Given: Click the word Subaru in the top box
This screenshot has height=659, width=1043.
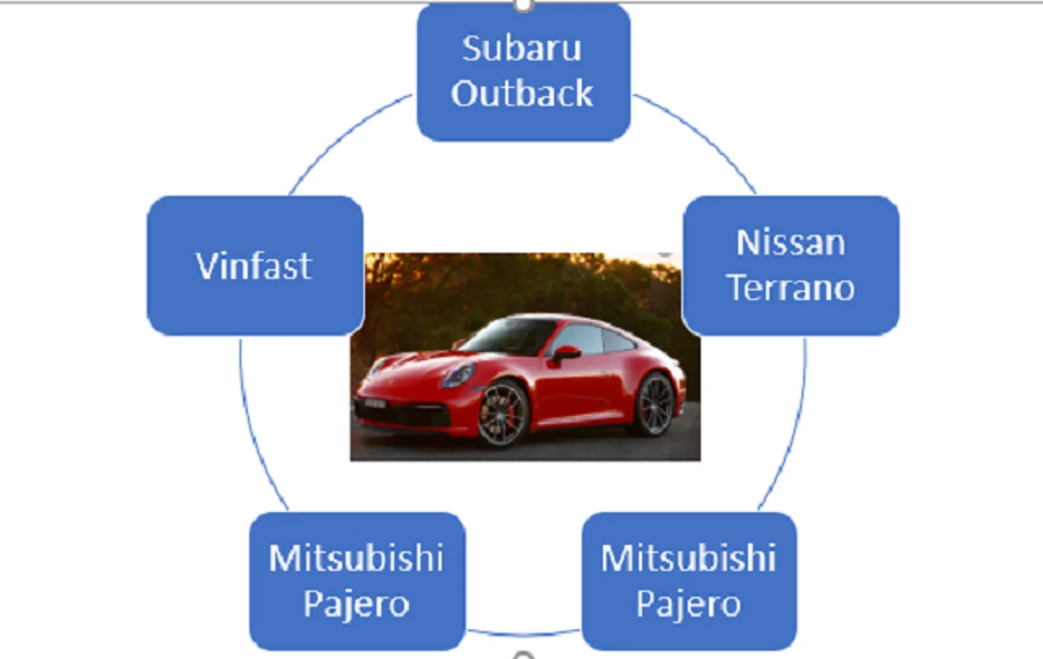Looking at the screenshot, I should click(x=521, y=49).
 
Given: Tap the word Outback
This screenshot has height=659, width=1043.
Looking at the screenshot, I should click(x=521, y=94).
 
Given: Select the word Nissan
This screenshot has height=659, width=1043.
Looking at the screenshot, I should click(x=790, y=242).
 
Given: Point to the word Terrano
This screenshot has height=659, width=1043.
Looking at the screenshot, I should click(x=790, y=288).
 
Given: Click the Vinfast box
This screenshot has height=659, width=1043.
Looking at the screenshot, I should click(x=255, y=266).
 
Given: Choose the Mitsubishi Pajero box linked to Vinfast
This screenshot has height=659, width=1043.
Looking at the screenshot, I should click(x=357, y=581).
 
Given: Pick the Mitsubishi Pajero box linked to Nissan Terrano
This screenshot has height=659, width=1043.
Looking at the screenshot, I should click(x=689, y=581).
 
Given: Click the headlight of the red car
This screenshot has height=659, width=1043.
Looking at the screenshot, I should click(x=457, y=376).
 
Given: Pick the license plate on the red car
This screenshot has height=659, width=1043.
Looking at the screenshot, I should click(x=374, y=403).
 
